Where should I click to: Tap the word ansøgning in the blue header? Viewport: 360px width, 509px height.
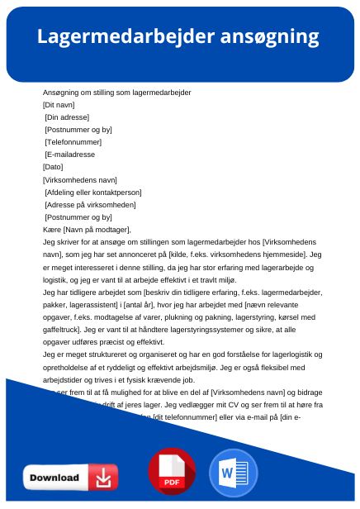point(269,37)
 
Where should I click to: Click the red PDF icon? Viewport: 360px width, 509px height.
point(172,473)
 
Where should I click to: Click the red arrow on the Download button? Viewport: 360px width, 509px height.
point(104,478)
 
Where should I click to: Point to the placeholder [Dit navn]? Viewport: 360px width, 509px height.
point(59,105)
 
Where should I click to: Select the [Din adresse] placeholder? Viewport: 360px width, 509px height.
point(67,117)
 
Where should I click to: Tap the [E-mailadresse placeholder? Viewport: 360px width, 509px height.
point(70,155)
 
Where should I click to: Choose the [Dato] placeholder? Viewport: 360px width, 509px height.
point(53,167)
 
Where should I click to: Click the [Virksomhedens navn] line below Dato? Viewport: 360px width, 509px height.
point(80,179)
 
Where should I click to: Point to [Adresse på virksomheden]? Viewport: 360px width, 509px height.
point(90,204)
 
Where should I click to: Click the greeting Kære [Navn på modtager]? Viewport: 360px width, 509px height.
point(87,230)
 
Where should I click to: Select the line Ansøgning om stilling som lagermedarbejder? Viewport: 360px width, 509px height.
point(117,93)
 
